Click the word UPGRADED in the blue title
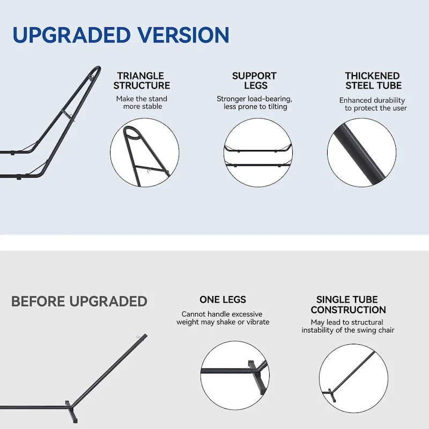71,35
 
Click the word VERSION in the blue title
183,35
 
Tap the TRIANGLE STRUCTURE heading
142,81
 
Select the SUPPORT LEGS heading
254,81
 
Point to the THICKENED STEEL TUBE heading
373,81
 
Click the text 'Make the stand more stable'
142,102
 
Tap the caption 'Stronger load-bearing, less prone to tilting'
254,102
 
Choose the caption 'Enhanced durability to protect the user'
373,104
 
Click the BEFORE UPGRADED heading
79,301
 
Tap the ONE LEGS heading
223,300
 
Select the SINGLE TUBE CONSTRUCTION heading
348,305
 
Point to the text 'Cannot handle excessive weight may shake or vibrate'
223,318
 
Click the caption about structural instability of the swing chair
348,326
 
